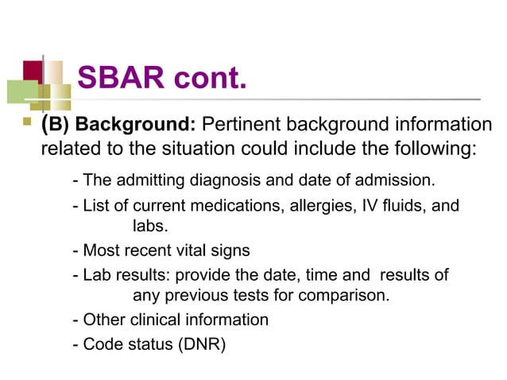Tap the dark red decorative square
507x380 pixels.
click(33, 71)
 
